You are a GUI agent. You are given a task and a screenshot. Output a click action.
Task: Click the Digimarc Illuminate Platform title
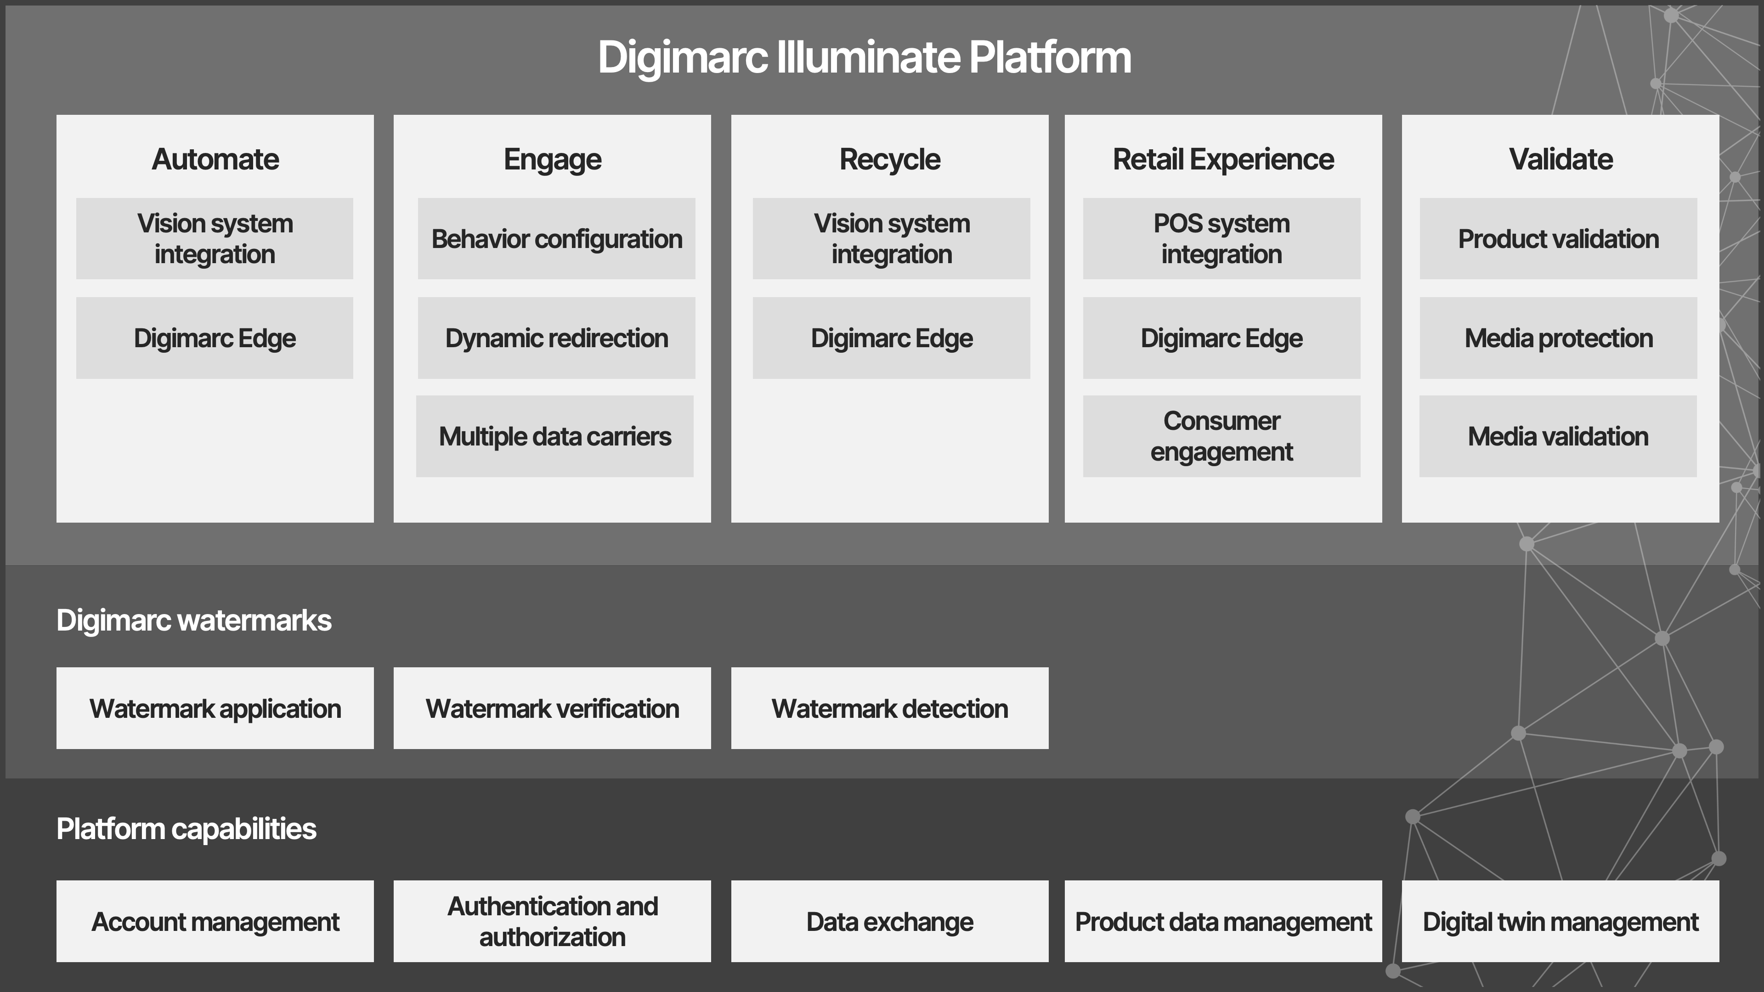tap(864, 57)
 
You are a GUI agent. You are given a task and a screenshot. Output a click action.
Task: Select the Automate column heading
tap(215, 159)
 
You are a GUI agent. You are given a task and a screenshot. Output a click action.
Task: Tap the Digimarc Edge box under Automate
tap(215, 338)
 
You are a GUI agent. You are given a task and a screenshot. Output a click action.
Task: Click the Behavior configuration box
tap(556, 239)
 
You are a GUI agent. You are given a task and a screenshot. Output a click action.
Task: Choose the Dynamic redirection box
tap(556, 338)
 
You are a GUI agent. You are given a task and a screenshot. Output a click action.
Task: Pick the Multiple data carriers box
tap(554, 437)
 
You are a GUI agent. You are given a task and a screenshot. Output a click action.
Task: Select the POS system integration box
tap(1221, 239)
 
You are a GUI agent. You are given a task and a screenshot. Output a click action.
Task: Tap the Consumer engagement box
tap(1221, 437)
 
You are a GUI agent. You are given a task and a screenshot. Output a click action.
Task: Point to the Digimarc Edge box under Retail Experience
tap(1221, 338)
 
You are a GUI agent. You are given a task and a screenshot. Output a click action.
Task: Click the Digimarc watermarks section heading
tap(194, 620)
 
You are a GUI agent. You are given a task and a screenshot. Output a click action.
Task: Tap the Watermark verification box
tap(552, 709)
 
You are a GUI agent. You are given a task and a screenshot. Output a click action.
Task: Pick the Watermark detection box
tap(889, 709)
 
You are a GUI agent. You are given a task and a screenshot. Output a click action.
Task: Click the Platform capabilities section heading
tap(186, 829)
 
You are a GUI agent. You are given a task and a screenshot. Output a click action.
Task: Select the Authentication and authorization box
tap(552, 921)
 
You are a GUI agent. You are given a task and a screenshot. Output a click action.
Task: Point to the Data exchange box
tap(889, 921)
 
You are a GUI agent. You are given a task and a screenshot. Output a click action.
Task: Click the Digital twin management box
tap(1560, 921)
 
